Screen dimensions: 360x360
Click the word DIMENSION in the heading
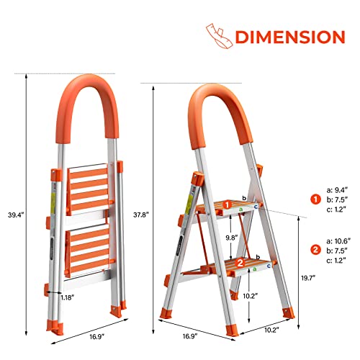(290, 37)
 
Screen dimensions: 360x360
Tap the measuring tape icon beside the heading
(219, 36)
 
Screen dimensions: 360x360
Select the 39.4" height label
(16, 215)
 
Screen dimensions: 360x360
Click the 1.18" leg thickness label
(67, 298)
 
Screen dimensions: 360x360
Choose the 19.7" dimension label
(308, 278)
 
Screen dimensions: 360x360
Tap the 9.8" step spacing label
(231, 238)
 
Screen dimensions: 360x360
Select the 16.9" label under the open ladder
(190, 336)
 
